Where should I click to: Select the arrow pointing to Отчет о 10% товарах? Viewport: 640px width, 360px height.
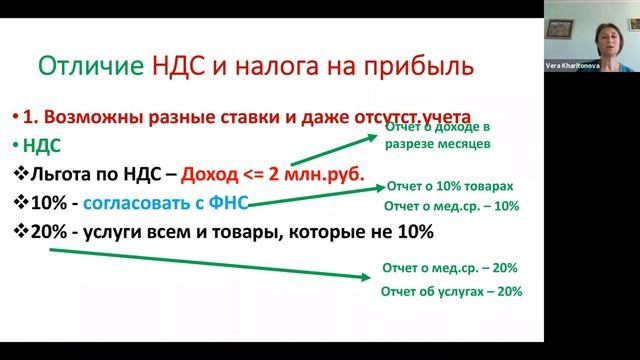tap(310, 198)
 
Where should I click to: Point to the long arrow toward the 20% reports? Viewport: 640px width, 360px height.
tap(200, 260)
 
